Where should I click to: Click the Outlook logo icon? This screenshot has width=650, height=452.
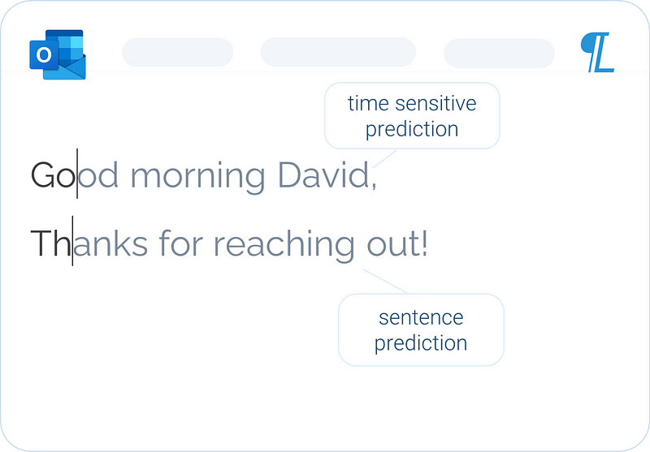point(58,54)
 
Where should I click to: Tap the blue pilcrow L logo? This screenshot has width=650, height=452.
point(597,52)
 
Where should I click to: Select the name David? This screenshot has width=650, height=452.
point(323,174)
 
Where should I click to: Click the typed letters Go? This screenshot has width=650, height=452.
point(54,174)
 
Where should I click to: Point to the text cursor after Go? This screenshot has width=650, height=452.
point(77,174)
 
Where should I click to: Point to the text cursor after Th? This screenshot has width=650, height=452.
point(72,240)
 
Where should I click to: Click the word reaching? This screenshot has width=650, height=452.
point(284,245)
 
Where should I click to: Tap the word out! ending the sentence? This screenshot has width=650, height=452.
point(397,243)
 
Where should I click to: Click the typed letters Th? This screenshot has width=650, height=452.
point(50,243)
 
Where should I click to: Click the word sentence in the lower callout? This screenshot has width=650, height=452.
point(421,318)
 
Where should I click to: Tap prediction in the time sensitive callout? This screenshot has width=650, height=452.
point(412,130)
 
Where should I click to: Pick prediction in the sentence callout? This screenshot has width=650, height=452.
point(421,343)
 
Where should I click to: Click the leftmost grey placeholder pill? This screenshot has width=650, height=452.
point(178,52)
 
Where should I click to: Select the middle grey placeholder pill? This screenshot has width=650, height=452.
point(338,52)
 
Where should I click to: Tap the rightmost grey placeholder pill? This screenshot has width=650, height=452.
point(499,53)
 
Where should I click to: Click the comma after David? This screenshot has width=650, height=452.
point(374,186)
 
